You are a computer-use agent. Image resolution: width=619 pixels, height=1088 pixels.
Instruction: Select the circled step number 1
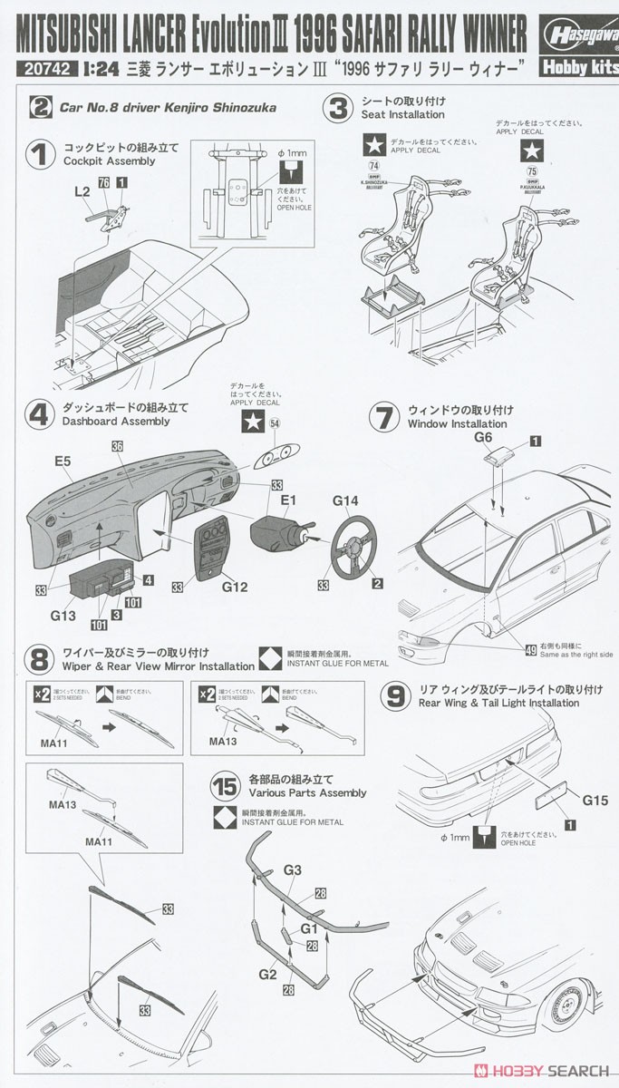click(39, 153)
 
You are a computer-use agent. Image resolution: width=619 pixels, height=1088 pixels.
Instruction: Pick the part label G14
click(345, 500)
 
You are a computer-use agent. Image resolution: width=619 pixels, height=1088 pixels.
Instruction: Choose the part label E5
click(63, 461)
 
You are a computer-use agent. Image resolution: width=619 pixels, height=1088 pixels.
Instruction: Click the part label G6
click(483, 437)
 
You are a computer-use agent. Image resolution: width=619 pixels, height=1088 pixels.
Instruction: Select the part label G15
click(595, 801)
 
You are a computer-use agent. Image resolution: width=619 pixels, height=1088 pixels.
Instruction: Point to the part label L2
click(82, 192)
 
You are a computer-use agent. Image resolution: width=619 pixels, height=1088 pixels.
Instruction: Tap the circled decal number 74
click(374, 166)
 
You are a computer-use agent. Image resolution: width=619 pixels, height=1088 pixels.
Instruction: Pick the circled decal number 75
click(530, 168)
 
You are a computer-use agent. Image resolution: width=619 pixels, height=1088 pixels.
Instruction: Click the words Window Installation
click(457, 423)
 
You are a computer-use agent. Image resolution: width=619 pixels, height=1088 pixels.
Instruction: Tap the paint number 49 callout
click(530, 647)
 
